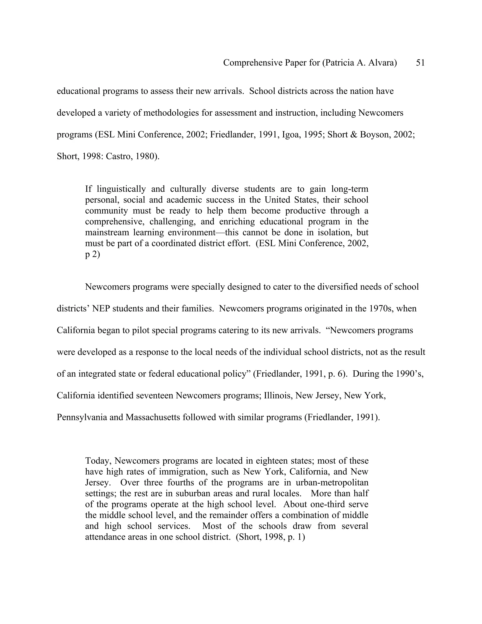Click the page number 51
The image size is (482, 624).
[x=420, y=63]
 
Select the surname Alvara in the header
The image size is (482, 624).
[x=381, y=63]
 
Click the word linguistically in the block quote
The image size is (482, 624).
[x=121, y=189]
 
